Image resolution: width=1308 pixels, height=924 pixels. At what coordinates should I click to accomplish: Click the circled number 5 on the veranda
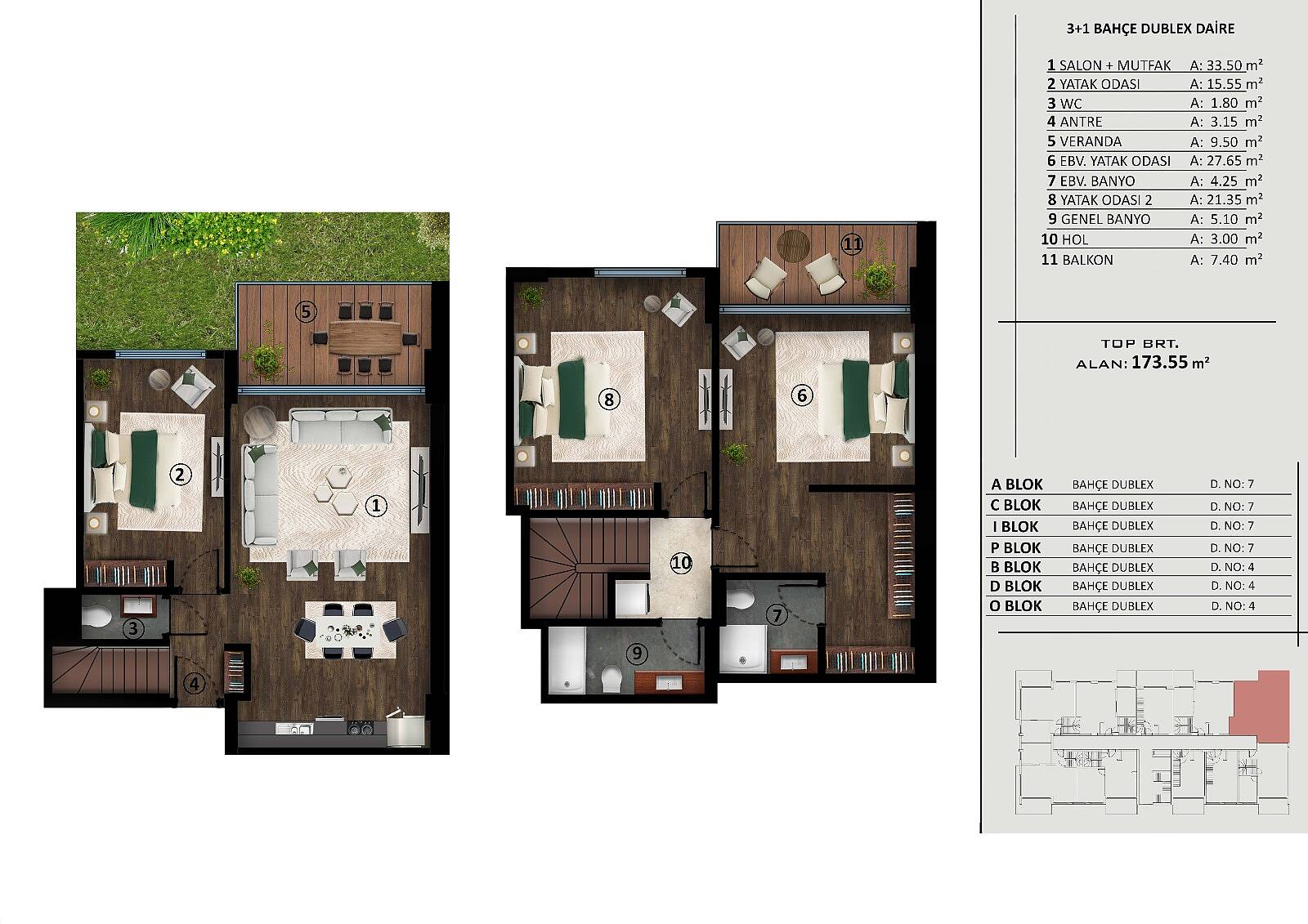[306, 312]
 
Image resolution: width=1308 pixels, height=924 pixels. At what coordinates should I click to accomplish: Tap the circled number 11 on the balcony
[851, 243]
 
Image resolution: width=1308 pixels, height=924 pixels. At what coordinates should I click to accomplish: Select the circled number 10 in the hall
[681, 563]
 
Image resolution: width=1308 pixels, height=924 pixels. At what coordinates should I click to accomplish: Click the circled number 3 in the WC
[133, 628]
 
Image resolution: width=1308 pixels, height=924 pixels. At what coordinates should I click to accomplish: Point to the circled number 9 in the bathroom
[637, 653]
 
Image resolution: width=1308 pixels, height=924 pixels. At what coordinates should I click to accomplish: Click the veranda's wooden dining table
[365, 338]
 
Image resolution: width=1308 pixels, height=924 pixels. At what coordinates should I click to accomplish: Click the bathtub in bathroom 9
[567, 659]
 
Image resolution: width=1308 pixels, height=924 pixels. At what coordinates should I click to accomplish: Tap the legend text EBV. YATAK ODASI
[1115, 161]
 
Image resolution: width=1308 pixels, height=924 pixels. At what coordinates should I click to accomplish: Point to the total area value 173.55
[1159, 362]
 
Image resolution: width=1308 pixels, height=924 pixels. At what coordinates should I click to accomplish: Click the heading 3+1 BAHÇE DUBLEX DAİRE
[1150, 29]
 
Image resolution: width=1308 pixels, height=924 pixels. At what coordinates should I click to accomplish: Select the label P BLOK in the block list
[1015, 547]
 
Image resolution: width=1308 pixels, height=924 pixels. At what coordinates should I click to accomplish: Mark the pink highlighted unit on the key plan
[1266, 707]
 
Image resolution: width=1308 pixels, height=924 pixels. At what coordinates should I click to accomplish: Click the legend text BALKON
[1087, 260]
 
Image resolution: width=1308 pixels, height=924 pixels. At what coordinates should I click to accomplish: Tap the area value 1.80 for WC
[1225, 103]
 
